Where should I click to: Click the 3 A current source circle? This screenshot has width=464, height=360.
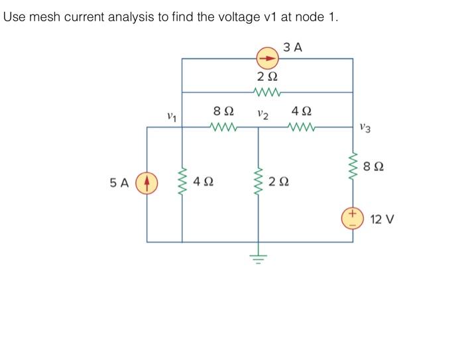coord(267,58)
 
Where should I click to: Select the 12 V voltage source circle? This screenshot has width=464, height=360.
coord(352,217)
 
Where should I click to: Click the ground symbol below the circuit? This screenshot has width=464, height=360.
coord(258,257)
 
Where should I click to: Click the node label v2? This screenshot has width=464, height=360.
coord(262,115)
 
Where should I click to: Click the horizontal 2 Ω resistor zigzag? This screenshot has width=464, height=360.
coord(267,91)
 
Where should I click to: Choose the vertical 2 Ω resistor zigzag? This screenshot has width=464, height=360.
coord(258,180)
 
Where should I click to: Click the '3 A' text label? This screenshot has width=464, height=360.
coord(292,46)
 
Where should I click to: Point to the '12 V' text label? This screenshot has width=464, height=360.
coord(382,219)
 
